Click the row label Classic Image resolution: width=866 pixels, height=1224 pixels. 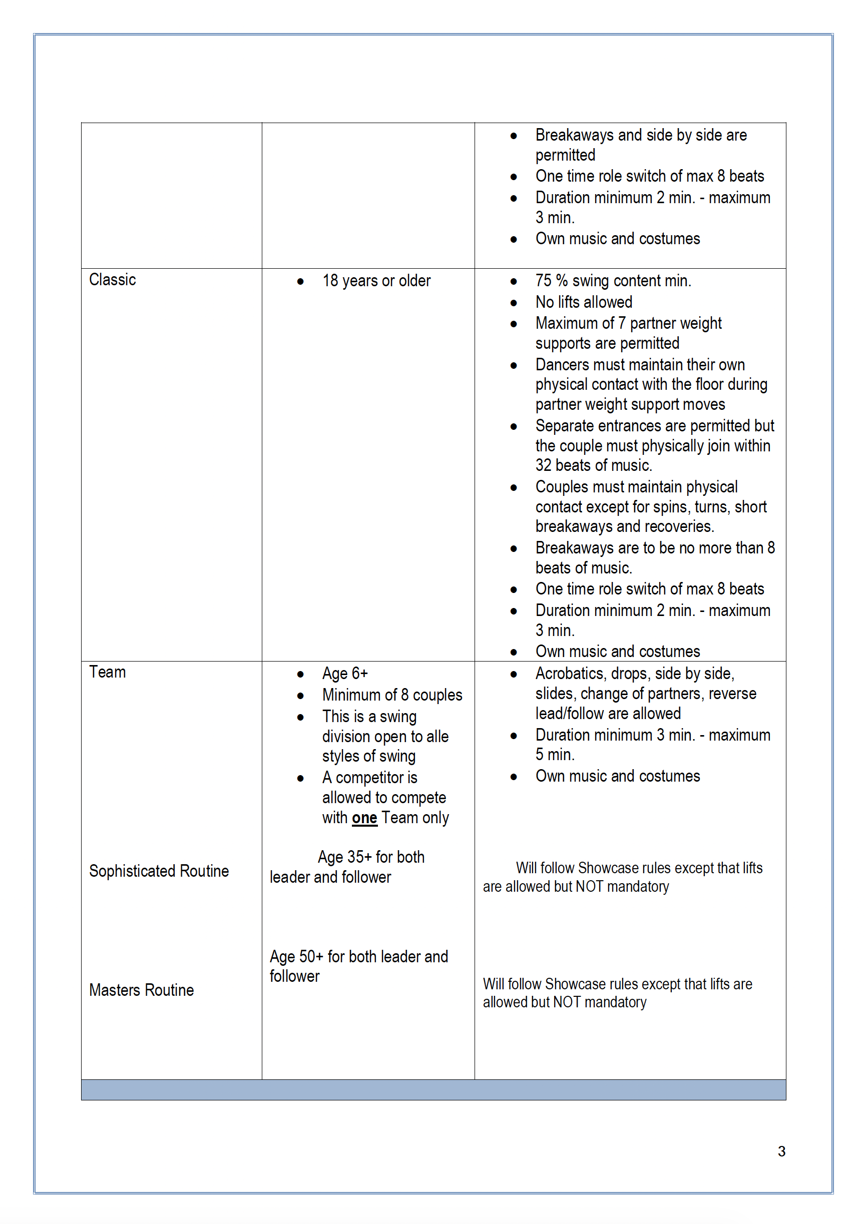[x=113, y=280]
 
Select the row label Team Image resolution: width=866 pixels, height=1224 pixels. [x=107, y=672]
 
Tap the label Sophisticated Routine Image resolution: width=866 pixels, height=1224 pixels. [x=159, y=871]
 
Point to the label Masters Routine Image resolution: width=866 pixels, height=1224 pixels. [x=141, y=990]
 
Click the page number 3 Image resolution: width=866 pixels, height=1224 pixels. [x=781, y=1151]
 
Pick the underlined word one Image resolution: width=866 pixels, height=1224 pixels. [x=364, y=818]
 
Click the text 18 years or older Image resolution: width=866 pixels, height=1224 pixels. [x=376, y=281]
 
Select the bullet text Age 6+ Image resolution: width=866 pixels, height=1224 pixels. [x=345, y=674]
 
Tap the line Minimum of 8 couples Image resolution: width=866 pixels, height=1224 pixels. [x=392, y=695]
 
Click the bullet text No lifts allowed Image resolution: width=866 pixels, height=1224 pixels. [x=584, y=302]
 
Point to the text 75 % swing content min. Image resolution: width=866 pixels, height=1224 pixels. [x=613, y=281]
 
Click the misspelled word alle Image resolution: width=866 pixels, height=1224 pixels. [x=438, y=737]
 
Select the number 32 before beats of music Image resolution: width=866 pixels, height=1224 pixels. [x=544, y=465]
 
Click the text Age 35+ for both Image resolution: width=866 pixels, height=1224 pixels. [x=371, y=857]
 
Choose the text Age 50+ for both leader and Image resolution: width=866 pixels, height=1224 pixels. [x=358, y=957]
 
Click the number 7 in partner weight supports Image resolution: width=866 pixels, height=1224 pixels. [x=621, y=323]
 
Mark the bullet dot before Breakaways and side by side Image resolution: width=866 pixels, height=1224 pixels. [x=514, y=136]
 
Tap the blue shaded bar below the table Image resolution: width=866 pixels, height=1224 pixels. [x=433, y=1090]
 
